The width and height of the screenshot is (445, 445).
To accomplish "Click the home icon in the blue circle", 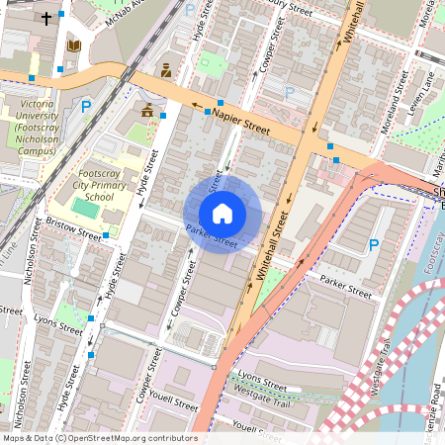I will coord(222,213).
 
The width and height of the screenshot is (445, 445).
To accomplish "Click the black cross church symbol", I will coord(45,18).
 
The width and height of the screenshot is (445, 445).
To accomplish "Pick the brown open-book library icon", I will coord(73,45).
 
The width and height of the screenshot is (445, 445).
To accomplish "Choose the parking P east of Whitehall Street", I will coord(373,245).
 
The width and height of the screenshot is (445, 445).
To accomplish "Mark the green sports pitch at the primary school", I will coord(92,207).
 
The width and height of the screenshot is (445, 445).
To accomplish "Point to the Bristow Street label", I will coord(73,231).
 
